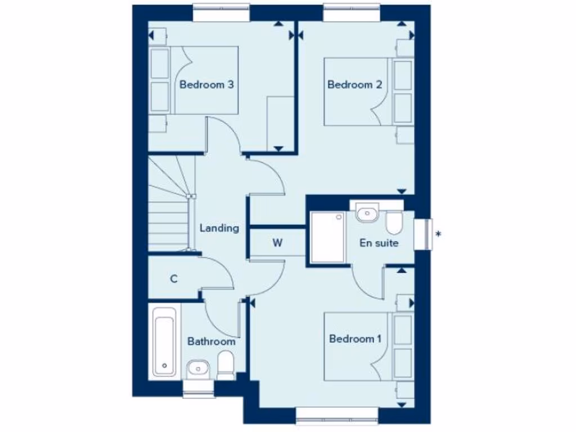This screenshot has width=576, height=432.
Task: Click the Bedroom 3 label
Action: tap(206, 85)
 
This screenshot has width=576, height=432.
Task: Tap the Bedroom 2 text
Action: tap(355, 85)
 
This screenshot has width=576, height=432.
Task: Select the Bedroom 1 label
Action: tap(355, 339)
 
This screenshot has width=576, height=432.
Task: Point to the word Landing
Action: tap(219, 228)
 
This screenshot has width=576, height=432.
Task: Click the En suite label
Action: tap(379, 243)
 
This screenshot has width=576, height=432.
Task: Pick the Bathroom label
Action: tap(211, 341)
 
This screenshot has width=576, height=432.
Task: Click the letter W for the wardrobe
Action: tap(277, 243)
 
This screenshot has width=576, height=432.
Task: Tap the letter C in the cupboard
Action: tap(174, 278)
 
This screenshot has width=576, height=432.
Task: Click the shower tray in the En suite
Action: tap(327, 237)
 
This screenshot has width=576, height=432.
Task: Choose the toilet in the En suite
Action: tap(393, 222)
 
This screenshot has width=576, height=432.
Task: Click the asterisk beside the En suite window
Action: tap(439, 233)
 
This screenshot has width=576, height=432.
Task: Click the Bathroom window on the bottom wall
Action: tap(199, 388)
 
